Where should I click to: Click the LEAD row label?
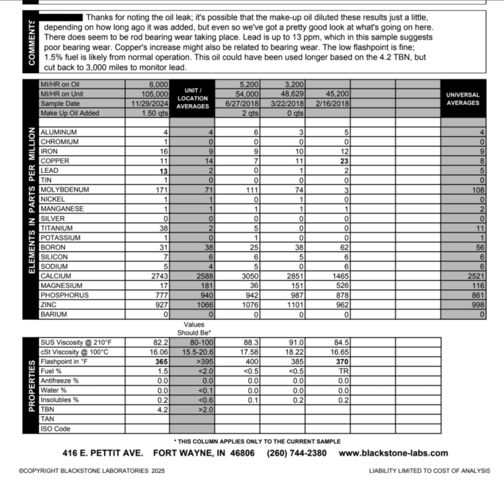click(49, 171)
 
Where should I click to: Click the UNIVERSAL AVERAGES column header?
click(463, 99)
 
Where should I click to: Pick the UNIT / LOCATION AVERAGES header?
click(192, 98)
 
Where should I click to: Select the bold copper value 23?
click(345, 161)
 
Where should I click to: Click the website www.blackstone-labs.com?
click(393, 453)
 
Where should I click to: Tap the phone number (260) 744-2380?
click(297, 453)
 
